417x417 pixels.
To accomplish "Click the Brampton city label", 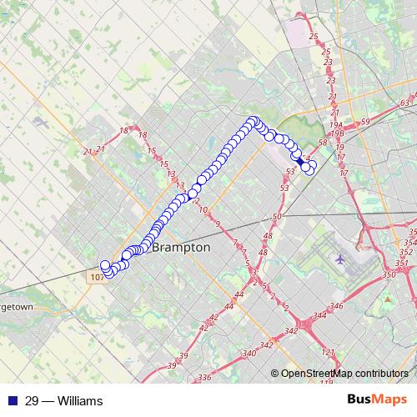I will click(x=181, y=249).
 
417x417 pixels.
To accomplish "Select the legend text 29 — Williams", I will click(x=64, y=401).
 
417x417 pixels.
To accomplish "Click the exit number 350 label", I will click(x=389, y=274).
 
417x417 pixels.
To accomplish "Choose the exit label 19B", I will click(x=336, y=132).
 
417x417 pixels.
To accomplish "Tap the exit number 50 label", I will click(x=277, y=217).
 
